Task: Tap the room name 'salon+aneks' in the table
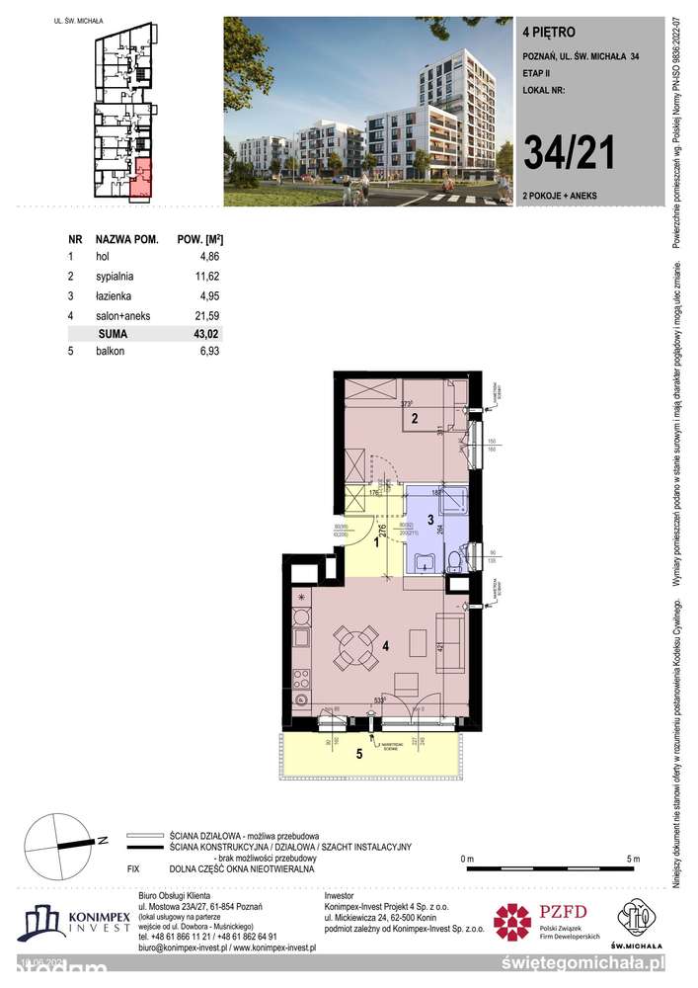point(120,314)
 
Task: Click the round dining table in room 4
point(352,647)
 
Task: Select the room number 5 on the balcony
point(358,755)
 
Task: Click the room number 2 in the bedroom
point(416,419)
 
